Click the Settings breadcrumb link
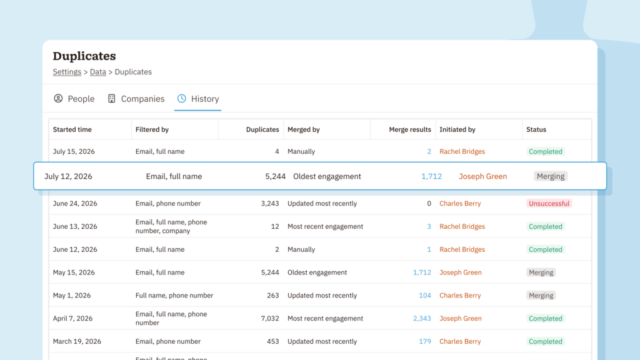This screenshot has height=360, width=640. (x=67, y=72)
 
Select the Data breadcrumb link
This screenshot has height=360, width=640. (x=98, y=72)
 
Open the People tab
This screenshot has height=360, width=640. (x=74, y=99)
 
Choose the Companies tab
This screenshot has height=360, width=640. (x=136, y=99)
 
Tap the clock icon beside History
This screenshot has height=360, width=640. (x=182, y=98)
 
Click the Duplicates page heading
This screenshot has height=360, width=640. (x=84, y=56)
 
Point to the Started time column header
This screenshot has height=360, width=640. (x=72, y=129)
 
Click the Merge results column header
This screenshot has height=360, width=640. (x=410, y=129)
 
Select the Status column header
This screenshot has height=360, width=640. (x=536, y=129)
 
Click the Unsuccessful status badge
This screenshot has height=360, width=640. (x=549, y=203)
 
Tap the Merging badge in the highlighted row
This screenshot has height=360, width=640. (x=551, y=176)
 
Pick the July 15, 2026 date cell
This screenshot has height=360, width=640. (x=74, y=151)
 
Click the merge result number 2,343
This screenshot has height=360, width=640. (x=422, y=318)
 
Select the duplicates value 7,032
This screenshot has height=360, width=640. (x=270, y=318)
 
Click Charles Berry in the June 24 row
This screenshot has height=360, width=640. (x=460, y=203)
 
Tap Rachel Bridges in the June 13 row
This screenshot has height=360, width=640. (x=462, y=226)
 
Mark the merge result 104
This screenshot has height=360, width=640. (x=425, y=296)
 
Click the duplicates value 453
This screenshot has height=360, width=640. (x=273, y=341)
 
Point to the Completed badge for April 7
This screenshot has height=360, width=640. (x=545, y=318)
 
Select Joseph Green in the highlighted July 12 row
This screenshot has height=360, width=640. (x=483, y=176)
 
